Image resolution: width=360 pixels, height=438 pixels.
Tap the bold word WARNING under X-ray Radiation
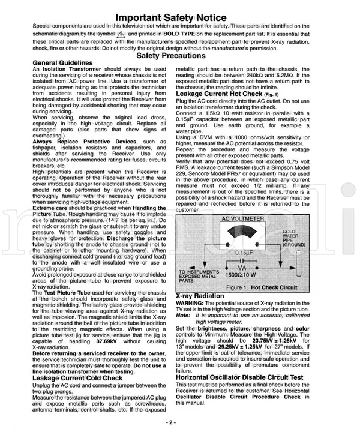point(190,303)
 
